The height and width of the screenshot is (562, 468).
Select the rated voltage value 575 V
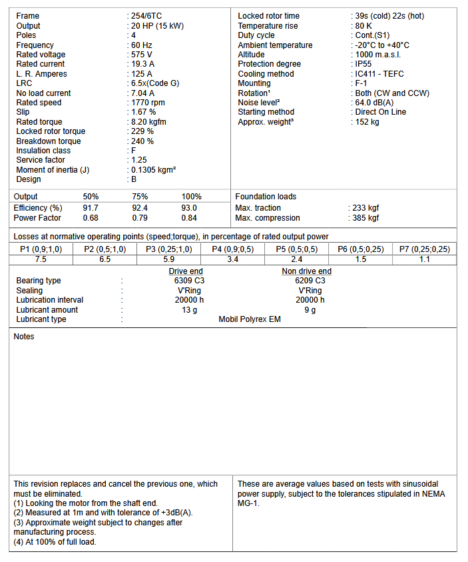142,55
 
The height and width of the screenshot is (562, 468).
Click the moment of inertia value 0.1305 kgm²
154,170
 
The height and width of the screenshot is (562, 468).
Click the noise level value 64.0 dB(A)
375,103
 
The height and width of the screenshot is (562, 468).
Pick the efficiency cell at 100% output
189,208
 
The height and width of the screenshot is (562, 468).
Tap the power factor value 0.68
91,218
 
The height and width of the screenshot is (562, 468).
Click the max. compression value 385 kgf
365,218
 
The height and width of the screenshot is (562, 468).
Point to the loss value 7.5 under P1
41,259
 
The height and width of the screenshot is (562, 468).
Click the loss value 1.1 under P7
425,259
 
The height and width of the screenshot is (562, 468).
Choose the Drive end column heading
186,271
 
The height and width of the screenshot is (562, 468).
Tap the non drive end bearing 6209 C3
310,281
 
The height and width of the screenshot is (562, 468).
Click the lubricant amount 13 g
189,310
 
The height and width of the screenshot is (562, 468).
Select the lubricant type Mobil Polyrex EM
250,319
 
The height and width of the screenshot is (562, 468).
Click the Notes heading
24,337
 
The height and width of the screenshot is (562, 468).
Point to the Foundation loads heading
266,197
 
